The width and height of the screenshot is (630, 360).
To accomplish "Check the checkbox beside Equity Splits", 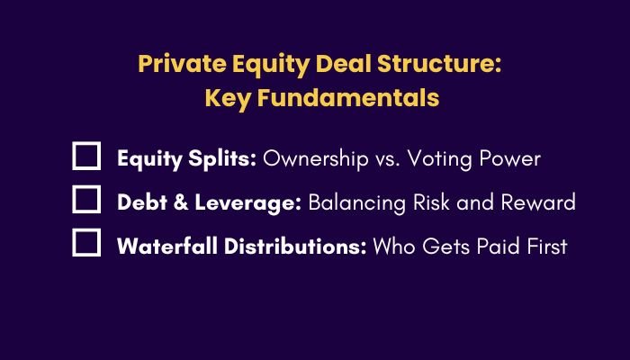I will click(86, 157).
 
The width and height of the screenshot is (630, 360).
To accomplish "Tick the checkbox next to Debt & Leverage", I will click(86, 200).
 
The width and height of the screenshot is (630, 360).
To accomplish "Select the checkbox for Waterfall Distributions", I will click(86, 243).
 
